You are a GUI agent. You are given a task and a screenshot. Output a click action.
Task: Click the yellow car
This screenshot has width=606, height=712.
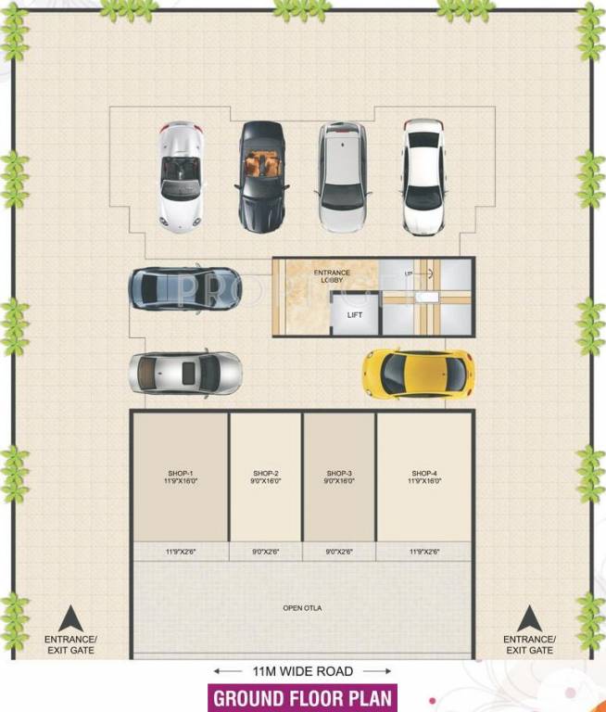coord(417,373)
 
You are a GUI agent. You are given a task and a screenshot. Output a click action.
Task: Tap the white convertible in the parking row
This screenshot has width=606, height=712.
coord(180,176)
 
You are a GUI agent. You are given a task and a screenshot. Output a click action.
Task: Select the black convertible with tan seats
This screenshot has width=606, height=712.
coord(262,176)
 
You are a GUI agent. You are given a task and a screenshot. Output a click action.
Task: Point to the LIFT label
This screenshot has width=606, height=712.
coord(355,315)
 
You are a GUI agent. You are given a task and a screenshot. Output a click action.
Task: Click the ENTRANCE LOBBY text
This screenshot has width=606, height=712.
coord(332,276)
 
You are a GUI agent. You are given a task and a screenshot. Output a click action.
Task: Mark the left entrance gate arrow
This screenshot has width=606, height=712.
coord(70,618)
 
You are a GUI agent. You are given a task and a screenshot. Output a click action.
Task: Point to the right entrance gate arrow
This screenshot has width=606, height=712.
coord(529,618)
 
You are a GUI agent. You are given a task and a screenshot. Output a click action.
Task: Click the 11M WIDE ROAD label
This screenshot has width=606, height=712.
coord(302,670)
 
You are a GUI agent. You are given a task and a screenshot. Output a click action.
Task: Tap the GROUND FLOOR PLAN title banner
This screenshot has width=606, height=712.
coord(302,698)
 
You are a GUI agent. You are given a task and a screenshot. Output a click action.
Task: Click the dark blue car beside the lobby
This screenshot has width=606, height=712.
coord(185,287)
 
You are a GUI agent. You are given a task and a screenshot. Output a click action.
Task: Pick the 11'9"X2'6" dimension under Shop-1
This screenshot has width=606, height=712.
coord(181,552)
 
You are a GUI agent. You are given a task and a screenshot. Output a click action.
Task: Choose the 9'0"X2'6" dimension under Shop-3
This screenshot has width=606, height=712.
coord(339,552)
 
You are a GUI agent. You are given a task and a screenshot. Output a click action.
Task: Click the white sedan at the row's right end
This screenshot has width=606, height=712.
coord(424,176)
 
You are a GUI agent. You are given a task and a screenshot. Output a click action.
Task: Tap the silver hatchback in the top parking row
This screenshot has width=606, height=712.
coord(342,176)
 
